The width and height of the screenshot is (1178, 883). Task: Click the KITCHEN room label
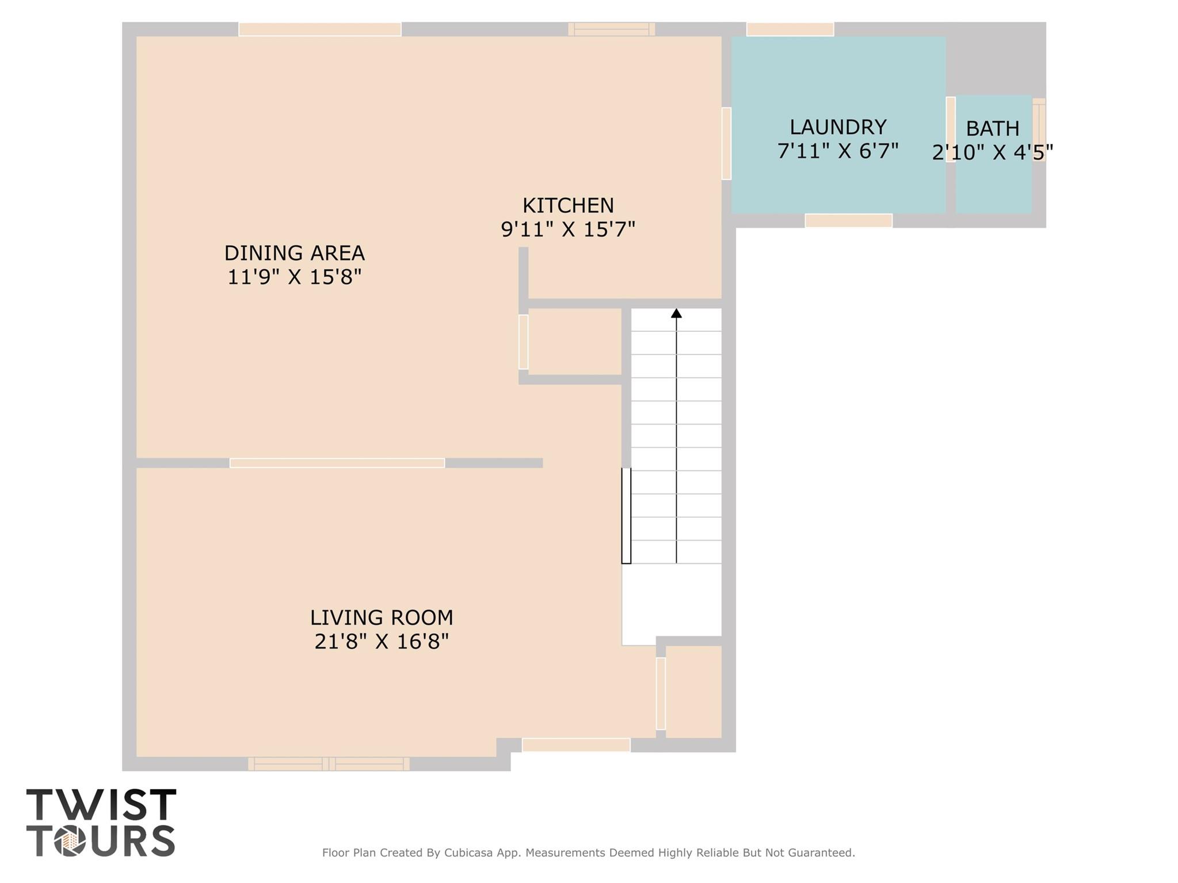568,205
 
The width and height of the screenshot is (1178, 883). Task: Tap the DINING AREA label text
294,253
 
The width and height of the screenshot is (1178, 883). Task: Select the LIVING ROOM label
382,617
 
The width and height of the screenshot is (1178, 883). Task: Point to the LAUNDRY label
838,127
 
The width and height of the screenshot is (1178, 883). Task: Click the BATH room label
992,128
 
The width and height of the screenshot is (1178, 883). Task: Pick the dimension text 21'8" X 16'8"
382,641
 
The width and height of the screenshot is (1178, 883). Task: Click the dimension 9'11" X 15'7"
568,230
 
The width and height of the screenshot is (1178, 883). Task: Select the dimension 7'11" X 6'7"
838,151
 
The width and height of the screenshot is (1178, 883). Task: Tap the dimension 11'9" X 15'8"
294,277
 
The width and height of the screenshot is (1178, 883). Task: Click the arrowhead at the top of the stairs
676,314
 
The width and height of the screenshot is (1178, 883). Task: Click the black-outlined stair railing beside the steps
626,515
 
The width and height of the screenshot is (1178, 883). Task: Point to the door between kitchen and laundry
726,143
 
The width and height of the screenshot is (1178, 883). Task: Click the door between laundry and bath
951,129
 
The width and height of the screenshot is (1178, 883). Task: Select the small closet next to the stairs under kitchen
574,342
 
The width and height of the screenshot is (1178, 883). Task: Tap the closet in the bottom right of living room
693,691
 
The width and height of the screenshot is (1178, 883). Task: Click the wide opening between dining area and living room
337,463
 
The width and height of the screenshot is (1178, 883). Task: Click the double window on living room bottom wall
329,764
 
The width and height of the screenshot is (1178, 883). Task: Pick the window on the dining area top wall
320,29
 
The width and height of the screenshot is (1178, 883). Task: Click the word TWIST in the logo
101,805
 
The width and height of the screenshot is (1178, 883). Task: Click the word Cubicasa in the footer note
468,853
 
